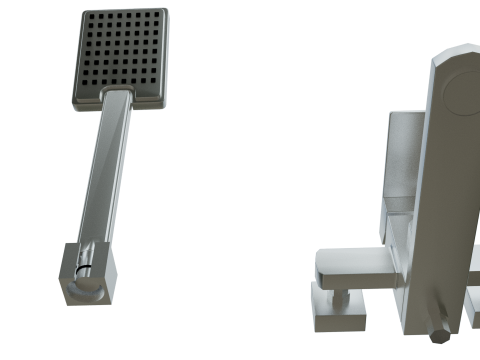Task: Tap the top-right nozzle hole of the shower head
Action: point(158,17)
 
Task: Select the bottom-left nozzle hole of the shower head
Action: point(80,88)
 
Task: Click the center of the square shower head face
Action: point(120,54)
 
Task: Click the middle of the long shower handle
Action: point(105,170)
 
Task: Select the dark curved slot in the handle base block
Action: point(80,270)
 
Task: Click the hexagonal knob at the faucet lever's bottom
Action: point(438,330)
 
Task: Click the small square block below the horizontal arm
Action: point(340,311)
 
